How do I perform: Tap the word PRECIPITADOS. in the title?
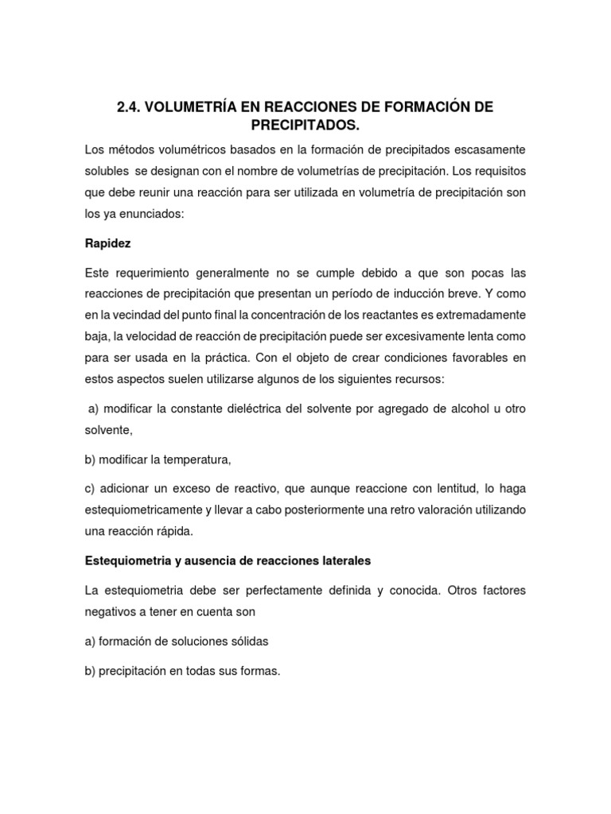305,126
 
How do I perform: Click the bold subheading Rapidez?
108,242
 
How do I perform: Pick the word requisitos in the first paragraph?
500,171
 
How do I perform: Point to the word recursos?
421,378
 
